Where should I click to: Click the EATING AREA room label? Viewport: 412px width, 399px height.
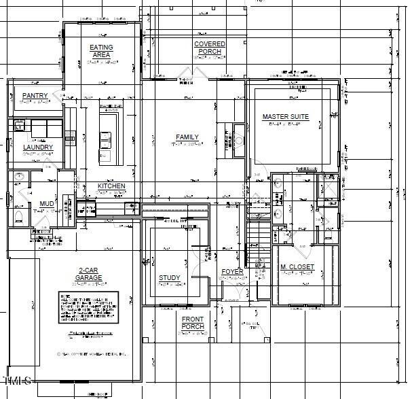pos(101,51)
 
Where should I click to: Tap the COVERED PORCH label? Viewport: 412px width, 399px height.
pos(210,48)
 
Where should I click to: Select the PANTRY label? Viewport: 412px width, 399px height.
pos(34,96)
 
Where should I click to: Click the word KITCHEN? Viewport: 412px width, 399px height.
pos(111,186)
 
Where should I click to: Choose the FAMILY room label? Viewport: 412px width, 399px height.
pos(187,137)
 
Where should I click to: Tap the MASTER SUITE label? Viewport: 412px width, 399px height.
pos(286,117)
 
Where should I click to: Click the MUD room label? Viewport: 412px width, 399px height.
pos(46,204)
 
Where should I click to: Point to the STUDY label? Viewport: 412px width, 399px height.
pos(170,278)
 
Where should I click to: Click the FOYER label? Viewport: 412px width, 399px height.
pos(232,272)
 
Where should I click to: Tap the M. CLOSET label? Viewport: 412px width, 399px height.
pos(297,267)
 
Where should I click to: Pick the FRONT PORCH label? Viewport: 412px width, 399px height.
pos(193,322)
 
